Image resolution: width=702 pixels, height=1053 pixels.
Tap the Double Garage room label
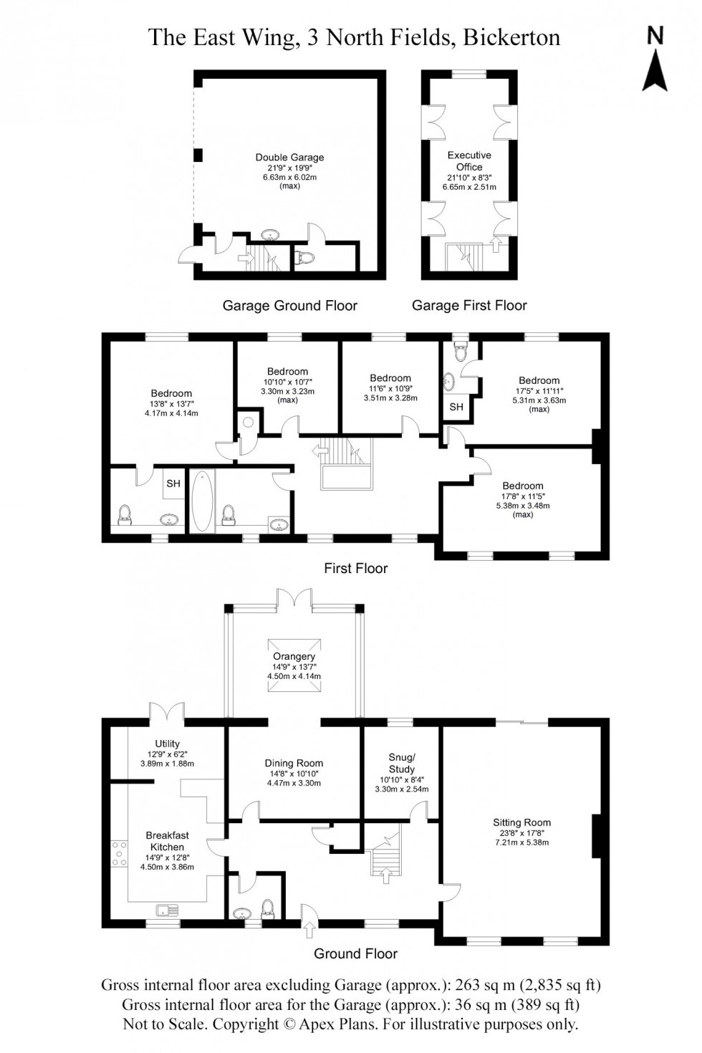point(289,158)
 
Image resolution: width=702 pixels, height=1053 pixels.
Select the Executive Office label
point(469,160)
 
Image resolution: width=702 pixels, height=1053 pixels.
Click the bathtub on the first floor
point(200,501)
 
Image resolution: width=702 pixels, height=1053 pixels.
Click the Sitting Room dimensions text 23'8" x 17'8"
point(521,833)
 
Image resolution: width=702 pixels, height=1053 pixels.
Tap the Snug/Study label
point(401,764)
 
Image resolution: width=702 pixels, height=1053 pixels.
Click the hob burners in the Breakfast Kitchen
point(117,854)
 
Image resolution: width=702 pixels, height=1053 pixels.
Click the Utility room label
point(167,744)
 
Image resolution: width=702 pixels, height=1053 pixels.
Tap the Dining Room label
point(294,763)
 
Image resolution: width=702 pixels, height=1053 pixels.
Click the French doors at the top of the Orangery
point(294,599)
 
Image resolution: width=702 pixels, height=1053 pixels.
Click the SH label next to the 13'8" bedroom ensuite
point(173,484)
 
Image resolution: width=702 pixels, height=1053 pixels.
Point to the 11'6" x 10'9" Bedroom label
point(390,378)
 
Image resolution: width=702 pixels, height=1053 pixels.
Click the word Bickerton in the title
point(511,37)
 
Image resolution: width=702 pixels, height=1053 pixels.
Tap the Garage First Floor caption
point(469,306)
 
